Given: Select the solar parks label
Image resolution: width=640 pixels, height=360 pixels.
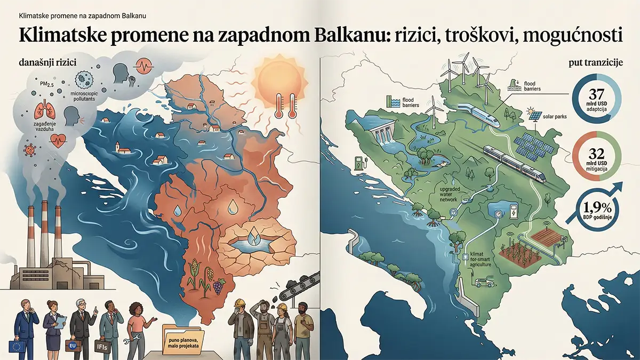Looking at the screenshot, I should (x=555, y=116).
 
